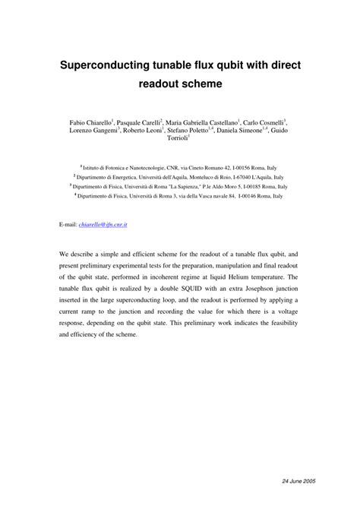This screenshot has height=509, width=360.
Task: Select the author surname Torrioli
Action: pyautogui.click(x=178, y=140)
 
